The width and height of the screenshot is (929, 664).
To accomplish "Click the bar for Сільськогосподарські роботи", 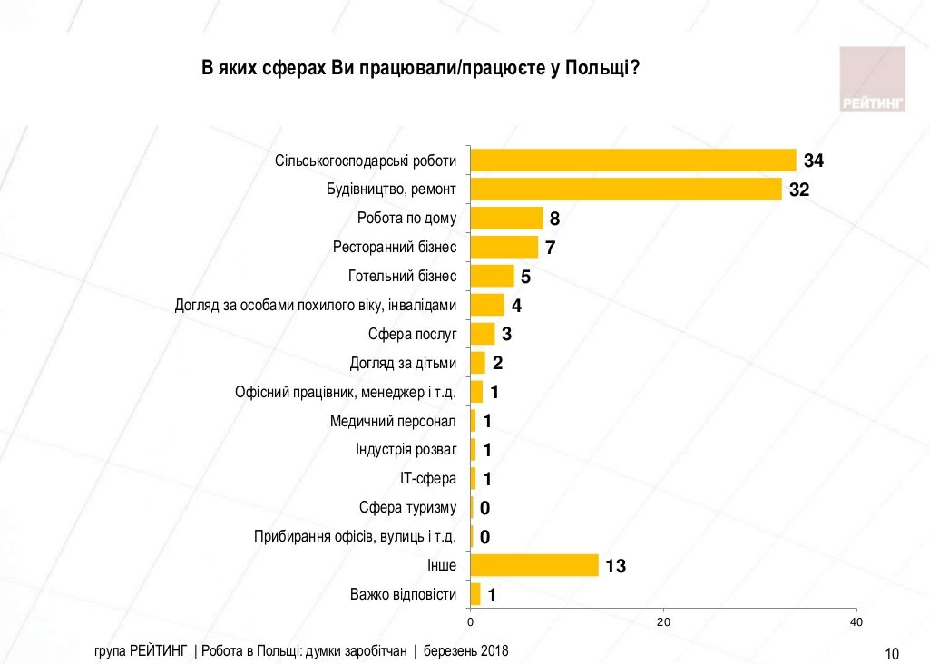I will [633, 161].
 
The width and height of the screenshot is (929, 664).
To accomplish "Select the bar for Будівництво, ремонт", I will [626, 190].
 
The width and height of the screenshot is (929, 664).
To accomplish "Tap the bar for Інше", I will [534, 566].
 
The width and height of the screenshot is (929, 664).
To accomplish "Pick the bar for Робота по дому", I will [506, 219].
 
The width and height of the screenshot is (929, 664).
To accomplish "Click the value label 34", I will [813, 161].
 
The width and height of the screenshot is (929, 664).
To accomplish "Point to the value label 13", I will [615, 567].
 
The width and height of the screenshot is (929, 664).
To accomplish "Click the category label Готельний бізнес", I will [402, 276].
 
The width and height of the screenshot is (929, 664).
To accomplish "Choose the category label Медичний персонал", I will [393, 421].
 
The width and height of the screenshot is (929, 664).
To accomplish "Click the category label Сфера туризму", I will [407, 508].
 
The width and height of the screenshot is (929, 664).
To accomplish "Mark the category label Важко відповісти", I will [403, 595].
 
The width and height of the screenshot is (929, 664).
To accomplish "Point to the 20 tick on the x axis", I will [663, 622].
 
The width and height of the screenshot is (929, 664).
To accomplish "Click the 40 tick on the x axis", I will [856, 622].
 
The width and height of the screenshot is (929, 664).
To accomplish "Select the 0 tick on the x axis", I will [470, 622].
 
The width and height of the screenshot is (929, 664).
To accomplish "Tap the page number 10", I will [891, 653].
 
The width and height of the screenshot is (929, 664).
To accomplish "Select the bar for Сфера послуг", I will [483, 334].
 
